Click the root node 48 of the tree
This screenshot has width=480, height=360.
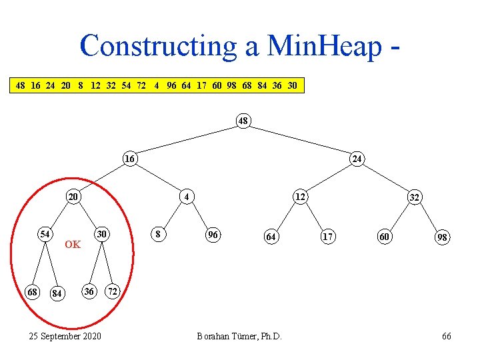pyautogui.click(x=243, y=121)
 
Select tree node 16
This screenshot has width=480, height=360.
pyautogui.click(x=131, y=159)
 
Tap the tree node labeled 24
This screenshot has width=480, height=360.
pyautogui.click(x=357, y=159)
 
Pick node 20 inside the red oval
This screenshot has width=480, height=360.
pyautogui.click(x=73, y=197)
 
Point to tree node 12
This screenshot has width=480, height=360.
pyautogui.click(x=301, y=197)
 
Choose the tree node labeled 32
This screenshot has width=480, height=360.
pyautogui.click(x=414, y=198)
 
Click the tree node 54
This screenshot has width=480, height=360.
pyautogui.click(x=45, y=234)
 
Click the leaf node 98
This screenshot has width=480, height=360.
pyautogui.click(x=442, y=237)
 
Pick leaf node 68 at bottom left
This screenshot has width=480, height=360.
pyautogui.click(x=32, y=291)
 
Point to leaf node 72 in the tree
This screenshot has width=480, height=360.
pyautogui.click(x=113, y=291)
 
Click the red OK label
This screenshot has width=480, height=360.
pyautogui.click(x=73, y=245)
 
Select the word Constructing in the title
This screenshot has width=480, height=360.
pyautogui.click(x=157, y=45)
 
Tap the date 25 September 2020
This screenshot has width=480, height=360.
pyautogui.click(x=65, y=335)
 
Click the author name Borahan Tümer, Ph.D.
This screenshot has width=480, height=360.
pyautogui.click(x=239, y=335)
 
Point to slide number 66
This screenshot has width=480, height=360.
pyautogui.click(x=447, y=335)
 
